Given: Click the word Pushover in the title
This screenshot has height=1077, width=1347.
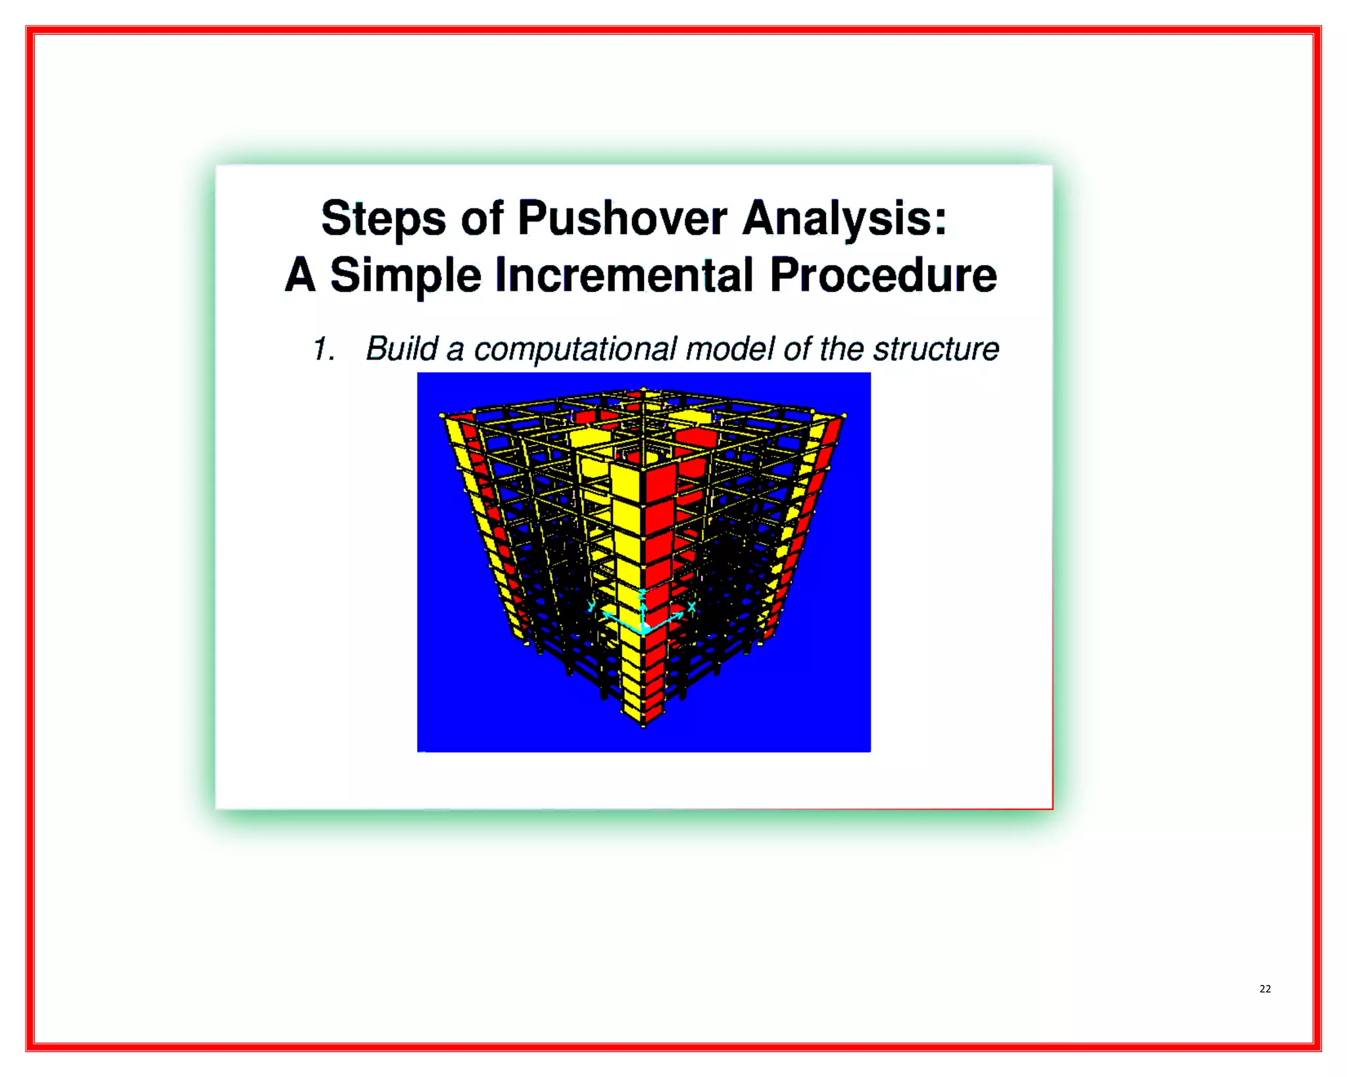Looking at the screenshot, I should click(622, 218).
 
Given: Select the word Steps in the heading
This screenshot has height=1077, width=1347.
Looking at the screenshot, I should click(383, 220).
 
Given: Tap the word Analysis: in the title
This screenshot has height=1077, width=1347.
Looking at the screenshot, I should click(845, 218).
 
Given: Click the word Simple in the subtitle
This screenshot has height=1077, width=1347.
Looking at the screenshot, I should click(405, 276).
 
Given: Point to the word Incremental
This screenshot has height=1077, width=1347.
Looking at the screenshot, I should click(624, 275).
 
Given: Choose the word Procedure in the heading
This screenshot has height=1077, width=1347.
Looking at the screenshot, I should click(883, 275).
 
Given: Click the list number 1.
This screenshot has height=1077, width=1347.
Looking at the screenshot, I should click(323, 349).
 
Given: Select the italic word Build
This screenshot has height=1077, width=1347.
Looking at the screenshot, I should click(401, 348).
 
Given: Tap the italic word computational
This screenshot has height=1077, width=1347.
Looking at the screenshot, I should click(574, 350).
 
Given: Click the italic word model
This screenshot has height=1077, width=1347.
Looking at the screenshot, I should click(730, 348).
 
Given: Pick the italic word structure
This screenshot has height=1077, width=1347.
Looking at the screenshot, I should click(935, 348).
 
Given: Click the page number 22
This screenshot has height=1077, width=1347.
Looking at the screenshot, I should click(1265, 989).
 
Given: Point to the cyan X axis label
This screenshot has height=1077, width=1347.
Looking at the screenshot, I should click(692, 606).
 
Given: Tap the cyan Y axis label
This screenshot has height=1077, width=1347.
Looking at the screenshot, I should click(592, 606).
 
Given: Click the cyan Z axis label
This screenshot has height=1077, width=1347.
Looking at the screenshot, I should click(643, 594).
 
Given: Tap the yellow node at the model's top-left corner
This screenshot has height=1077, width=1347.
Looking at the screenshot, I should click(442, 416).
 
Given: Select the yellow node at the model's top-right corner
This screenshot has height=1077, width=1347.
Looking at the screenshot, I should click(844, 416).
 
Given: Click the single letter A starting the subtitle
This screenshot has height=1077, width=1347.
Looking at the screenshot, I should click(300, 275).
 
